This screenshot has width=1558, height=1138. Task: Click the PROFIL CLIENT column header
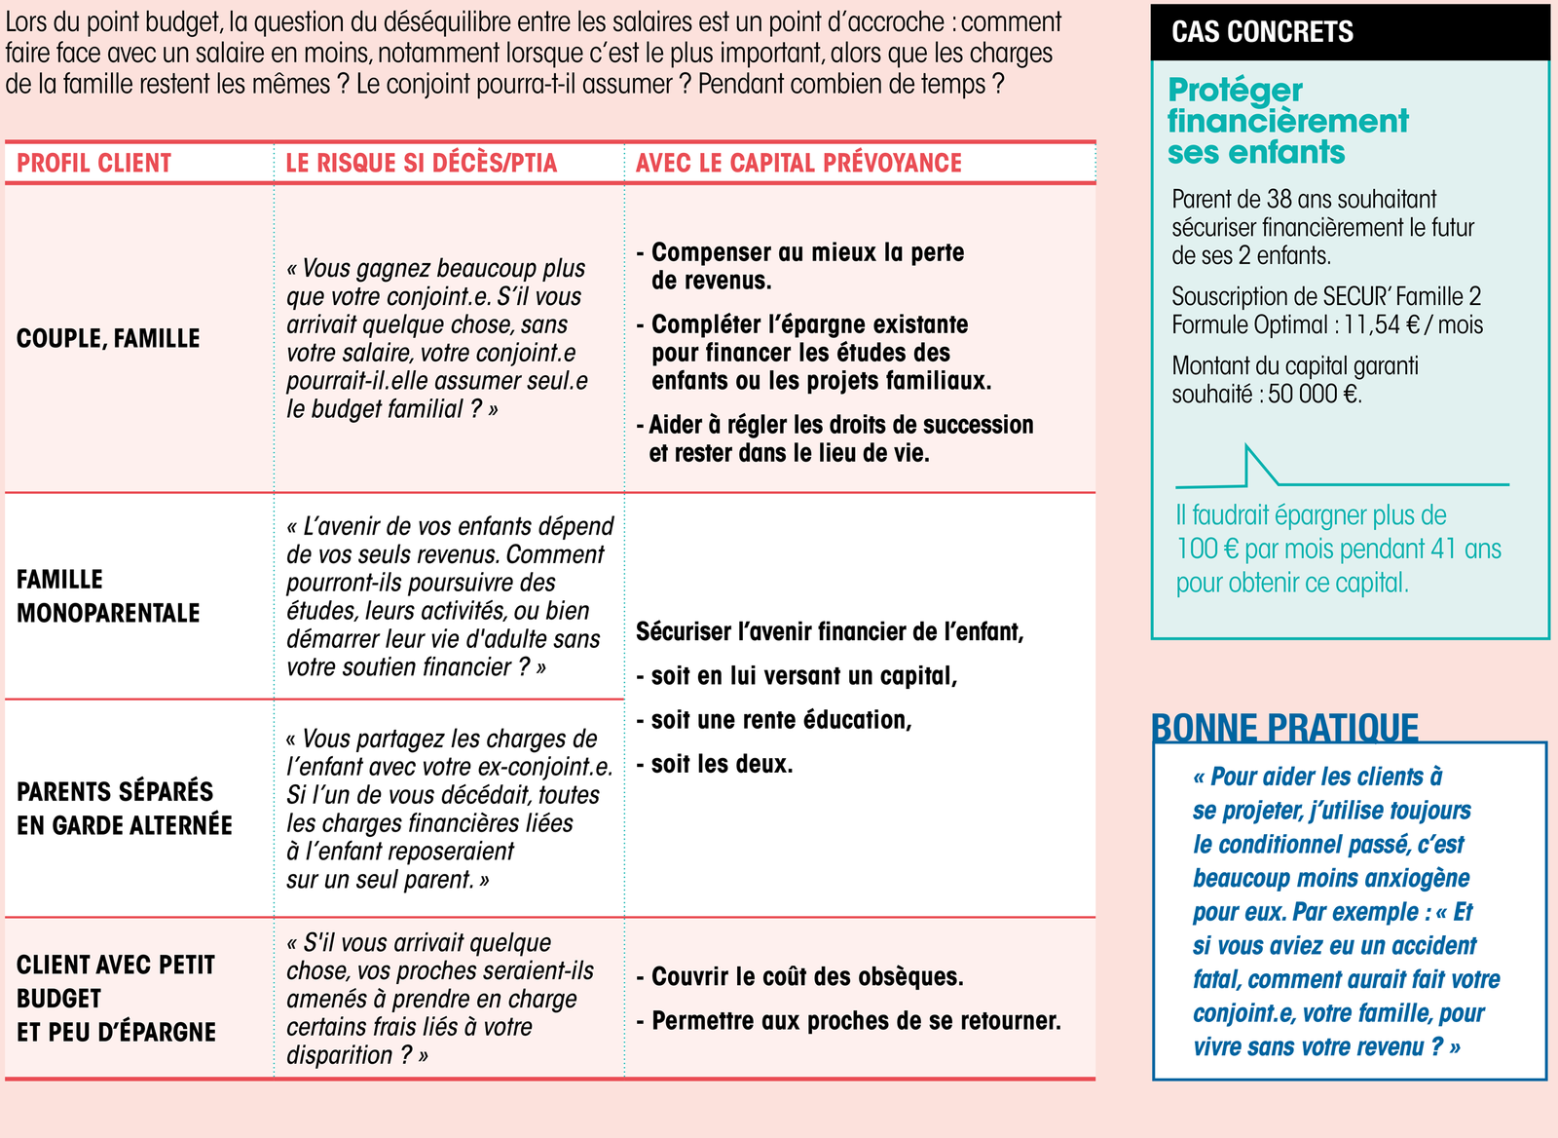point(94,163)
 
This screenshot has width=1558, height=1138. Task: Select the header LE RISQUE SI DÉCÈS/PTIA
point(421,163)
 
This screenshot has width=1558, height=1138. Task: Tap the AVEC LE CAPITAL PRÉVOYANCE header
point(798,163)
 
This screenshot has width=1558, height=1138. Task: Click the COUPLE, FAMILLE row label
point(108,338)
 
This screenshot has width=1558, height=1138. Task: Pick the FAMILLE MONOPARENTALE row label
point(108,596)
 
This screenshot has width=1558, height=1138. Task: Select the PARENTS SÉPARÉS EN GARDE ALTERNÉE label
point(125,809)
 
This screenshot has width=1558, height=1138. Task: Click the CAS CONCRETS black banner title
point(1262,32)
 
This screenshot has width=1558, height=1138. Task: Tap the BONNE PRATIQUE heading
point(1284,728)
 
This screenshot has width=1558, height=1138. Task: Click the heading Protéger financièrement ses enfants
point(1287,121)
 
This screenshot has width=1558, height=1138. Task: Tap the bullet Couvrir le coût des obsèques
point(806,977)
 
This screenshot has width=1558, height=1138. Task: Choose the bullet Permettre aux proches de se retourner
point(855,1021)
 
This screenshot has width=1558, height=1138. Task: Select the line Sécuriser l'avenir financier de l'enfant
point(830,631)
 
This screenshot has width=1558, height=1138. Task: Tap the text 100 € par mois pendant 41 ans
point(1338,549)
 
